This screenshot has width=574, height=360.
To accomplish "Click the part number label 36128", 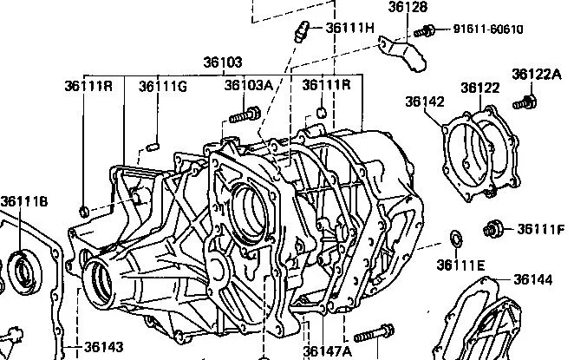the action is pyautogui.click(x=408, y=7).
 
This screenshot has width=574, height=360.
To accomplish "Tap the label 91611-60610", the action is pyautogui.click(x=488, y=29).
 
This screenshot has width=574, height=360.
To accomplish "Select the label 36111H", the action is pyautogui.click(x=350, y=28).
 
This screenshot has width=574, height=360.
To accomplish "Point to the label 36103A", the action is pyautogui.click(x=249, y=85).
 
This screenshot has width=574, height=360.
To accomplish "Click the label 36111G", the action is pyautogui.click(x=163, y=87).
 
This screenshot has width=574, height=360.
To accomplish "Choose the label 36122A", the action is pyautogui.click(x=537, y=75).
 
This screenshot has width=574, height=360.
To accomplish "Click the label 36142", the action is pyautogui.click(x=425, y=101).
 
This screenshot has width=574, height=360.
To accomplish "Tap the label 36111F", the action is pyautogui.click(x=541, y=229).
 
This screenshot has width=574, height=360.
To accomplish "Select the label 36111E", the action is pyautogui.click(x=460, y=265).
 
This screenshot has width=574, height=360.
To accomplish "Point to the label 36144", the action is pyautogui.click(x=532, y=280).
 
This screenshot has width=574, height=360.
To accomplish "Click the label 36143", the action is pyautogui.click(x=103, y=347).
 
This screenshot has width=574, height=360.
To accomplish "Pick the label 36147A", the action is pyautogui.click(x=327, y=351).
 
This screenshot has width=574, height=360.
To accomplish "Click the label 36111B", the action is pyautogui.click(x=24, y=201).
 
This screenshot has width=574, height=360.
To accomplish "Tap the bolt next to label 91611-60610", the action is pyautogui.click(x=425, y=31).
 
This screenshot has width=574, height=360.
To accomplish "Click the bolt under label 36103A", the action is pyautogui.click(x=245, y=115).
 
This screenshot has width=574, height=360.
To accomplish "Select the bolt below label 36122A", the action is pyautogui.click(x=525, y=102).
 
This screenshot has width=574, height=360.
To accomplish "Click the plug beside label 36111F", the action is pyautogui.click(x=492, y=230).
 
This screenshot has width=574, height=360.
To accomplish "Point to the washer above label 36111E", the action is pyautogui.click(x=456, y=239).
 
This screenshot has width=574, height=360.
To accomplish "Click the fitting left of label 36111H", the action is pyautogui.click(x=302, y=31).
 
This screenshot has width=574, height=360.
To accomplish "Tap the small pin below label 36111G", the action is pyautogui.click(x=153, y=147).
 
